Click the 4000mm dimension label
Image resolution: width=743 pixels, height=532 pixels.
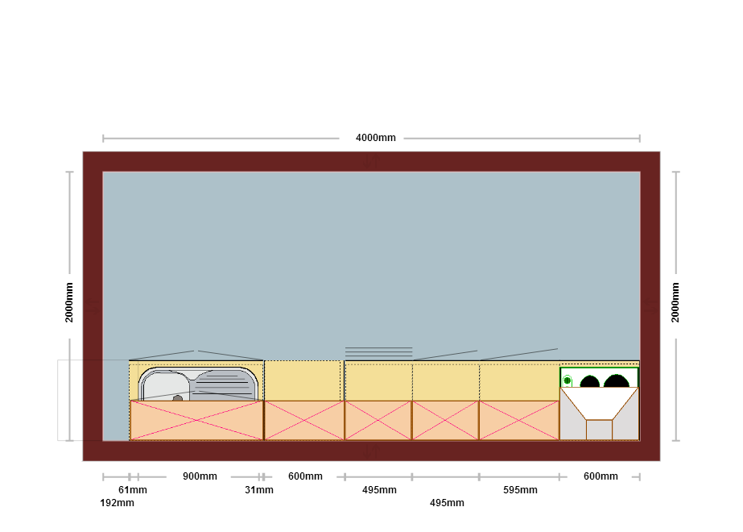[x=375, y=138]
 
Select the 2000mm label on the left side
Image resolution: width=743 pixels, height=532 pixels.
[x=69, y=302]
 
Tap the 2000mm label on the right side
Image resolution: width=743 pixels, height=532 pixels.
[x=675, y=302]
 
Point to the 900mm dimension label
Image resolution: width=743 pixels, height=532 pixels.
[x=200, y=476]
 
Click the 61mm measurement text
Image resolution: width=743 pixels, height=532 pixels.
[x=133, y=490]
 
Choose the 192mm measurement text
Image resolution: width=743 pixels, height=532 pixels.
[x=117, y=502]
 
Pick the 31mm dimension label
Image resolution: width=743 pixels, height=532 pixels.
[x=259, y=490]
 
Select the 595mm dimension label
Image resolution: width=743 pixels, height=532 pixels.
[x=520, y=490]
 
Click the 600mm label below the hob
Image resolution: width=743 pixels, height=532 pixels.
[x=601, y=476]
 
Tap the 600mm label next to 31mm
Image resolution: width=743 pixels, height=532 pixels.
[x=305, y=476]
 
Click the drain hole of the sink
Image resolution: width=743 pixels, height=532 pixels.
[x=178, y=398]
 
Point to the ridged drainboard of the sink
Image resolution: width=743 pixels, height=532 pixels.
[x=224, y=385]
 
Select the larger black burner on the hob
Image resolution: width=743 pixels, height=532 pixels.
[x=616, y=380]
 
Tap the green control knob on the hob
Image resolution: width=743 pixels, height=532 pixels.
[x=568, y=380]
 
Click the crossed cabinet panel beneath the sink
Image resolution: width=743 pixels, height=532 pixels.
[x=196, y=421]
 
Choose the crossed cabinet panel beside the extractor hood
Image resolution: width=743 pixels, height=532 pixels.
[x=519, y=421]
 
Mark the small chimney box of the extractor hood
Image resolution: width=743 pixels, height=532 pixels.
[x=600, y=430]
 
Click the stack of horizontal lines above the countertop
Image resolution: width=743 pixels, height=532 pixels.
[x=378, y=352]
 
